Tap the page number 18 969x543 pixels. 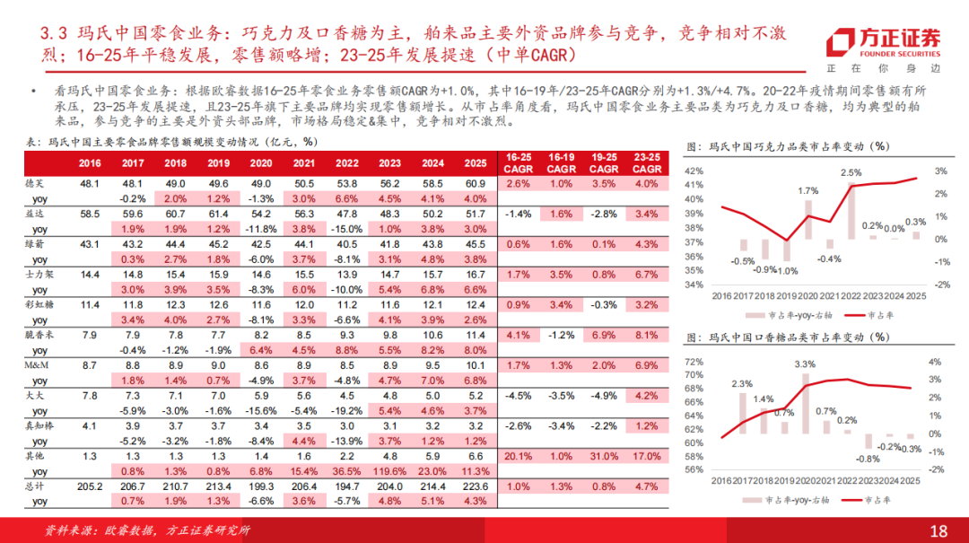(x=938, y=530)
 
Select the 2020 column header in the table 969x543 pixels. (x=260, y=162)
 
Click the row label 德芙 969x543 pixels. (x=37, y=183)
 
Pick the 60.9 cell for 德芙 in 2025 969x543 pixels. (x=476, y=183)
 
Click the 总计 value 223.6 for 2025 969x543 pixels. (x=476, y=485)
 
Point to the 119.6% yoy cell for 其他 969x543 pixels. (x=389, y=469)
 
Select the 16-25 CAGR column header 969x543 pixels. (x=519, y=162)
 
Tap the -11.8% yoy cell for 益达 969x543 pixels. (x=260, y=228)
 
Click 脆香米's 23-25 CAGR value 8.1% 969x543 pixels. (x=647, y=334)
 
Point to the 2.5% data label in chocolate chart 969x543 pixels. (x=851, y=172)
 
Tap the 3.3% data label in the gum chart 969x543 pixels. (x=805, y=363)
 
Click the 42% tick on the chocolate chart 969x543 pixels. (x=694, y=171)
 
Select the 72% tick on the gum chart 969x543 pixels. (x=694, y=362)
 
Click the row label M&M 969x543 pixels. (x=38, y=364)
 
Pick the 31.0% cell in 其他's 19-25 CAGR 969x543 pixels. (x=604, y=455)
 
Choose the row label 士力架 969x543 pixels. (x=39, y=274)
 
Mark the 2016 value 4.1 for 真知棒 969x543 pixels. (x=89, y=425)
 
